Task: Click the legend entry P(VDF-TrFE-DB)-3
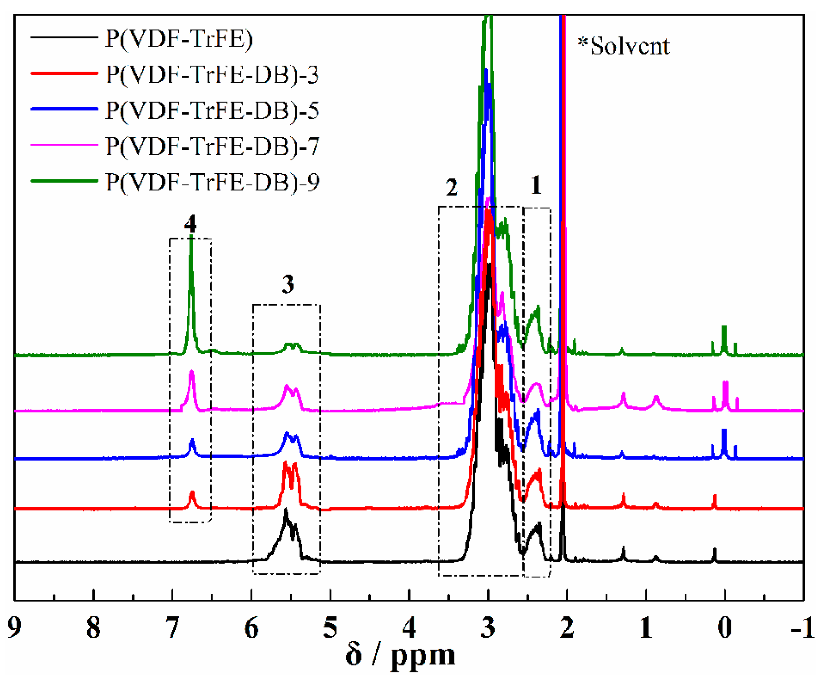tap(212, 74)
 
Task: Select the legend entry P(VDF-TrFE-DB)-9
tap(212, 182)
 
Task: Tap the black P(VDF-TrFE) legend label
tap(179, 39)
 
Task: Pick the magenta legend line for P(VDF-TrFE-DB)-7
tap(64, 145)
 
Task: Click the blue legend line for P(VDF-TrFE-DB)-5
tap(64, 109)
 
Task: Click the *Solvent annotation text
tap(623, 46)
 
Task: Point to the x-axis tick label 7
tap(172, 627)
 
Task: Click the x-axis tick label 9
tap(15, 627)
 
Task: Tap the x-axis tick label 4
tap(409, 627)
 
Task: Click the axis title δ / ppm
tap(400, 656)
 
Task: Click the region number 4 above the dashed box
tap(190, 224)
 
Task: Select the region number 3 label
tap(288, 284)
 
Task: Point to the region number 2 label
tap(452, 188)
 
